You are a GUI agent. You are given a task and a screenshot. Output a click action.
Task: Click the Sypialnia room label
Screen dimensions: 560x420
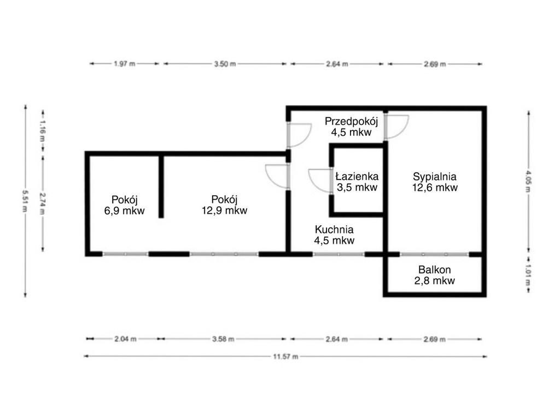[x=434, y=177]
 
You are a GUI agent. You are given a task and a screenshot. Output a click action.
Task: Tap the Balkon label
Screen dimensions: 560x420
[x=434, y=270]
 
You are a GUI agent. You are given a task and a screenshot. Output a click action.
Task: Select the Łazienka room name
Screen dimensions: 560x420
[x=357, y=177]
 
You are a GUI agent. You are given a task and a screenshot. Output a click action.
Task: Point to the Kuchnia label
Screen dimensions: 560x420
[x=334, y=230]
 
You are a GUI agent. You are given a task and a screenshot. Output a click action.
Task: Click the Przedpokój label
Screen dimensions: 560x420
[x=351, y=121]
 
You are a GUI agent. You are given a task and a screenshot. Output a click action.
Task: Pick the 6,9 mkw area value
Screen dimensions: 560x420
[x=124, y=211]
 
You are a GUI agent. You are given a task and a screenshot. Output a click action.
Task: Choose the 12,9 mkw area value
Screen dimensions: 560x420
[x=224, y=211]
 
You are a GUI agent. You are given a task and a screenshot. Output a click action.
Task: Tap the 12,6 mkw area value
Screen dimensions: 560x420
[x=435, y=188]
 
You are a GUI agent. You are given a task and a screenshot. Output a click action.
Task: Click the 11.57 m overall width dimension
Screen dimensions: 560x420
[x=285, y=357]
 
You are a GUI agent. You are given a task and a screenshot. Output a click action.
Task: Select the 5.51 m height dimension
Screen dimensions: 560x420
[x=25, y=201]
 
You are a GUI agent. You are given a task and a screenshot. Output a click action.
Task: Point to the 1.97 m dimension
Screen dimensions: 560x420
[x=124, y=64]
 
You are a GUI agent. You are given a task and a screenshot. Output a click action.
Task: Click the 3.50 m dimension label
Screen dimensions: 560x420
[x=225, y=65]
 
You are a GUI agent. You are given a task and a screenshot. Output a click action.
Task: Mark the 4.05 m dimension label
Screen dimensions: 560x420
[x=528, y=181]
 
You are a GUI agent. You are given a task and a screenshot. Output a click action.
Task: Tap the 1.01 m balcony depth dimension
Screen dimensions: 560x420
[x=528, y=275]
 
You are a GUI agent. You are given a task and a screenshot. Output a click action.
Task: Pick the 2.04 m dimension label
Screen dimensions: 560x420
[x=125, y=339]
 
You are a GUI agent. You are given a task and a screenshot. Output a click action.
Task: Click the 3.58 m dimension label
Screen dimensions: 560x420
[x=223, y=339]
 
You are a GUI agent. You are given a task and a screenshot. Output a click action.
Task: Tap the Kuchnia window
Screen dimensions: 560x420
[x=339, y=255]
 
